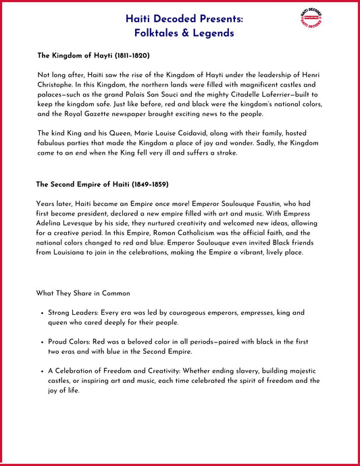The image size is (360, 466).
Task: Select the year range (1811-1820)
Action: click(126, 55)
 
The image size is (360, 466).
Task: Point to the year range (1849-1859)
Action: click(145, 184)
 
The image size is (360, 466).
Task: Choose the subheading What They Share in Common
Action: click(83, 294)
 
